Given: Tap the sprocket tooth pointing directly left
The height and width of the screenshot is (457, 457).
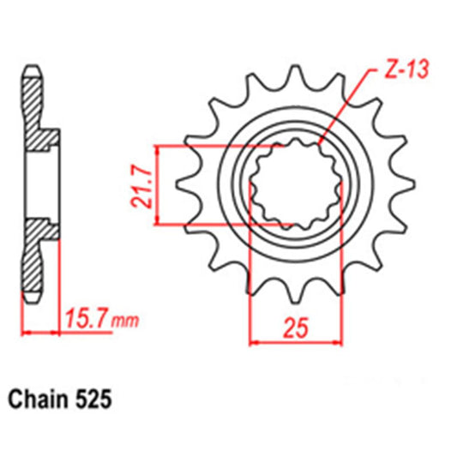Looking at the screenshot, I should [x=183, y=183].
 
